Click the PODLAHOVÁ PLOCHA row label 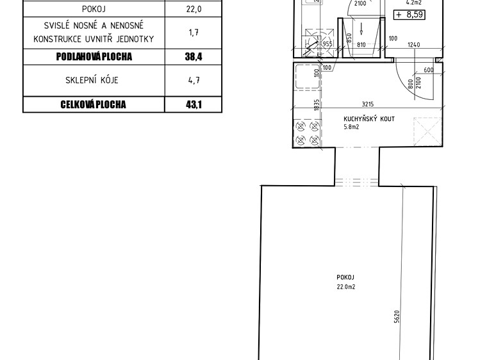coord(94,56)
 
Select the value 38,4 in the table coord(194,56)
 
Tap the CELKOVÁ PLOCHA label coord(93,104)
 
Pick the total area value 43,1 coord(194,104)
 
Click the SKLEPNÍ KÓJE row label coord(92,80)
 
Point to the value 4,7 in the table coord(194,80)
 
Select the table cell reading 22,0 coord(194,9)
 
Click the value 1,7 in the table coord(194,32)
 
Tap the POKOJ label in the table coord(94,9)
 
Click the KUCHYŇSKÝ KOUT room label coord(369,119)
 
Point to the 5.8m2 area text coord(351,127)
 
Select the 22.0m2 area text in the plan coord(346,287)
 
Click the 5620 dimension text coord(397,316)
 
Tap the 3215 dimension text coord(368,104)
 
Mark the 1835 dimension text coord(317,104)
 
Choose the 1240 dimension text coord(413,45)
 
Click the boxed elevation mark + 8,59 coord(410,15)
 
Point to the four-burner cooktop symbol coord(307,133)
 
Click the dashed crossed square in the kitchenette coord(427,131)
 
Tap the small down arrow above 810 coord(361,28)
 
